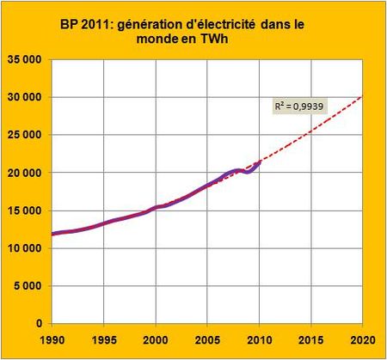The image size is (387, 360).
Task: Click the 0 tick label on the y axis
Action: (x=41, y=324)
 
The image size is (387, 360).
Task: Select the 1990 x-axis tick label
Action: (x=52, y=339)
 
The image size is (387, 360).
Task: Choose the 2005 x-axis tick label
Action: (x=206, y=339)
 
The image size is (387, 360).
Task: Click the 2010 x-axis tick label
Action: (x=258, y=339)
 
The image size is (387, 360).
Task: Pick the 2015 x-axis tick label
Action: (x=310, y=339)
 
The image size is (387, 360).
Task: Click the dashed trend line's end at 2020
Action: (x=360, y=95)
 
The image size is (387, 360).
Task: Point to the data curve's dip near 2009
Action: (x=248, y=172)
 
